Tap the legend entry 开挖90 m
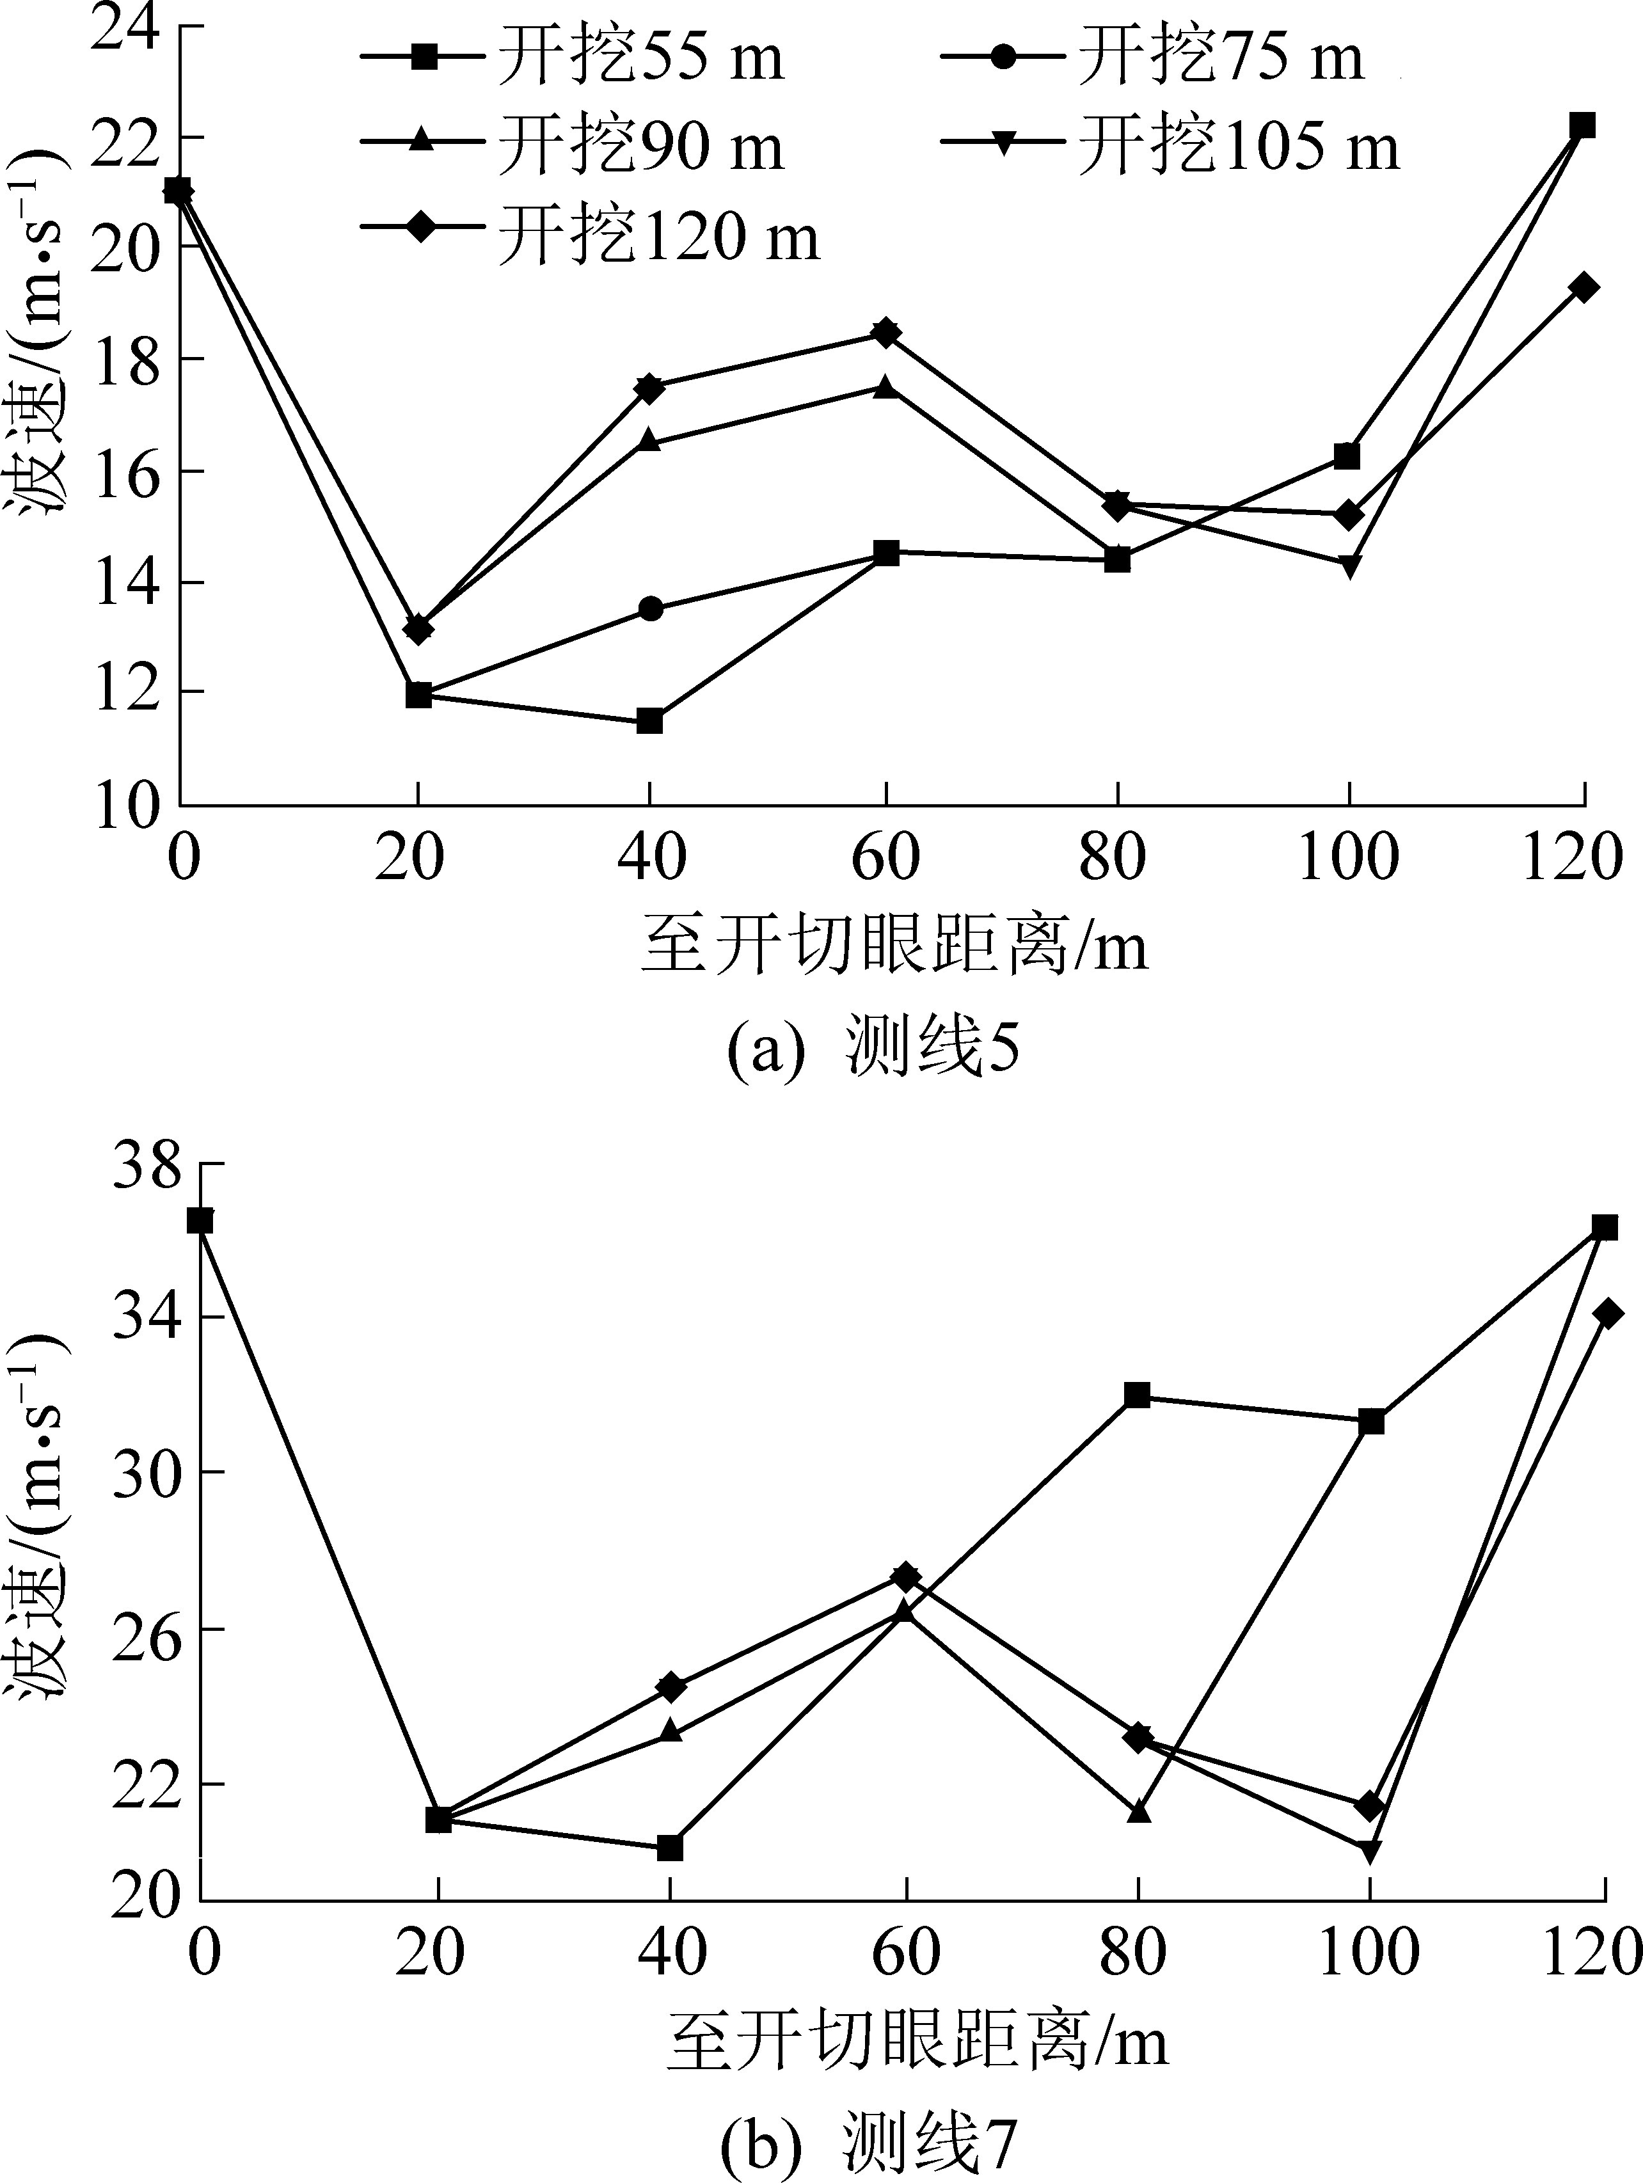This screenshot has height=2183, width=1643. click(573, 146)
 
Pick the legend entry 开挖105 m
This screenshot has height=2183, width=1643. click(1170, 146)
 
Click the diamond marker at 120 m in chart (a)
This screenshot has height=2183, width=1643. click(1583, 288)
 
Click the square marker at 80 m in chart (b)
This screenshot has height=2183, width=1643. click(1137, 1395)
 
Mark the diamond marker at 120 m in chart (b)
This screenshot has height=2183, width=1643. click(1607, 1314)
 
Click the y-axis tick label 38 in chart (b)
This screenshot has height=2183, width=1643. click(148, 1166)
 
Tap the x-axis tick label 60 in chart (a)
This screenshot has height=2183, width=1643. click(885, 857)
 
